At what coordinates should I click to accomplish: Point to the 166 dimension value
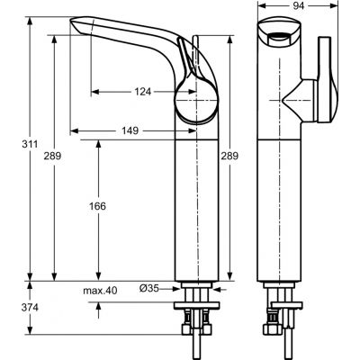tap(98, 206)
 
